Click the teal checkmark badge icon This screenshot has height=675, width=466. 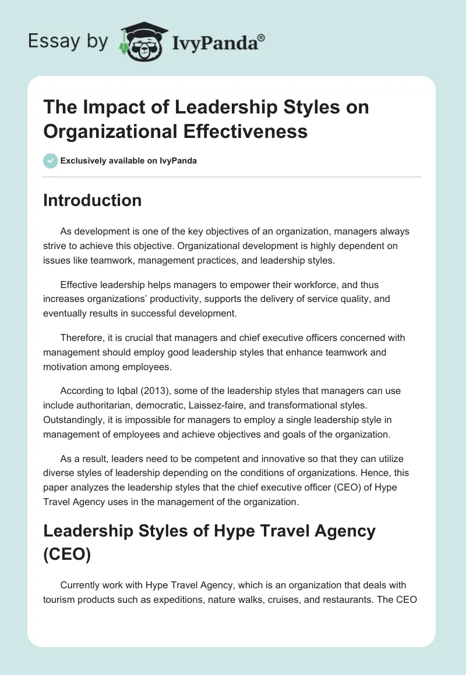point(51,161)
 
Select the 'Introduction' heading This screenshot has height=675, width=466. point(92,200)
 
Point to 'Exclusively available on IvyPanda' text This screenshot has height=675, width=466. point(129,161)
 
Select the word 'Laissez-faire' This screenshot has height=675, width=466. point(235,406)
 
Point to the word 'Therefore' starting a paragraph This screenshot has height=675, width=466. point(81,337)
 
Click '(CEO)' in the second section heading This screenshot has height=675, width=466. point(67,555)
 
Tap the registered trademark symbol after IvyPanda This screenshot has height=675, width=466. point(262,37)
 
